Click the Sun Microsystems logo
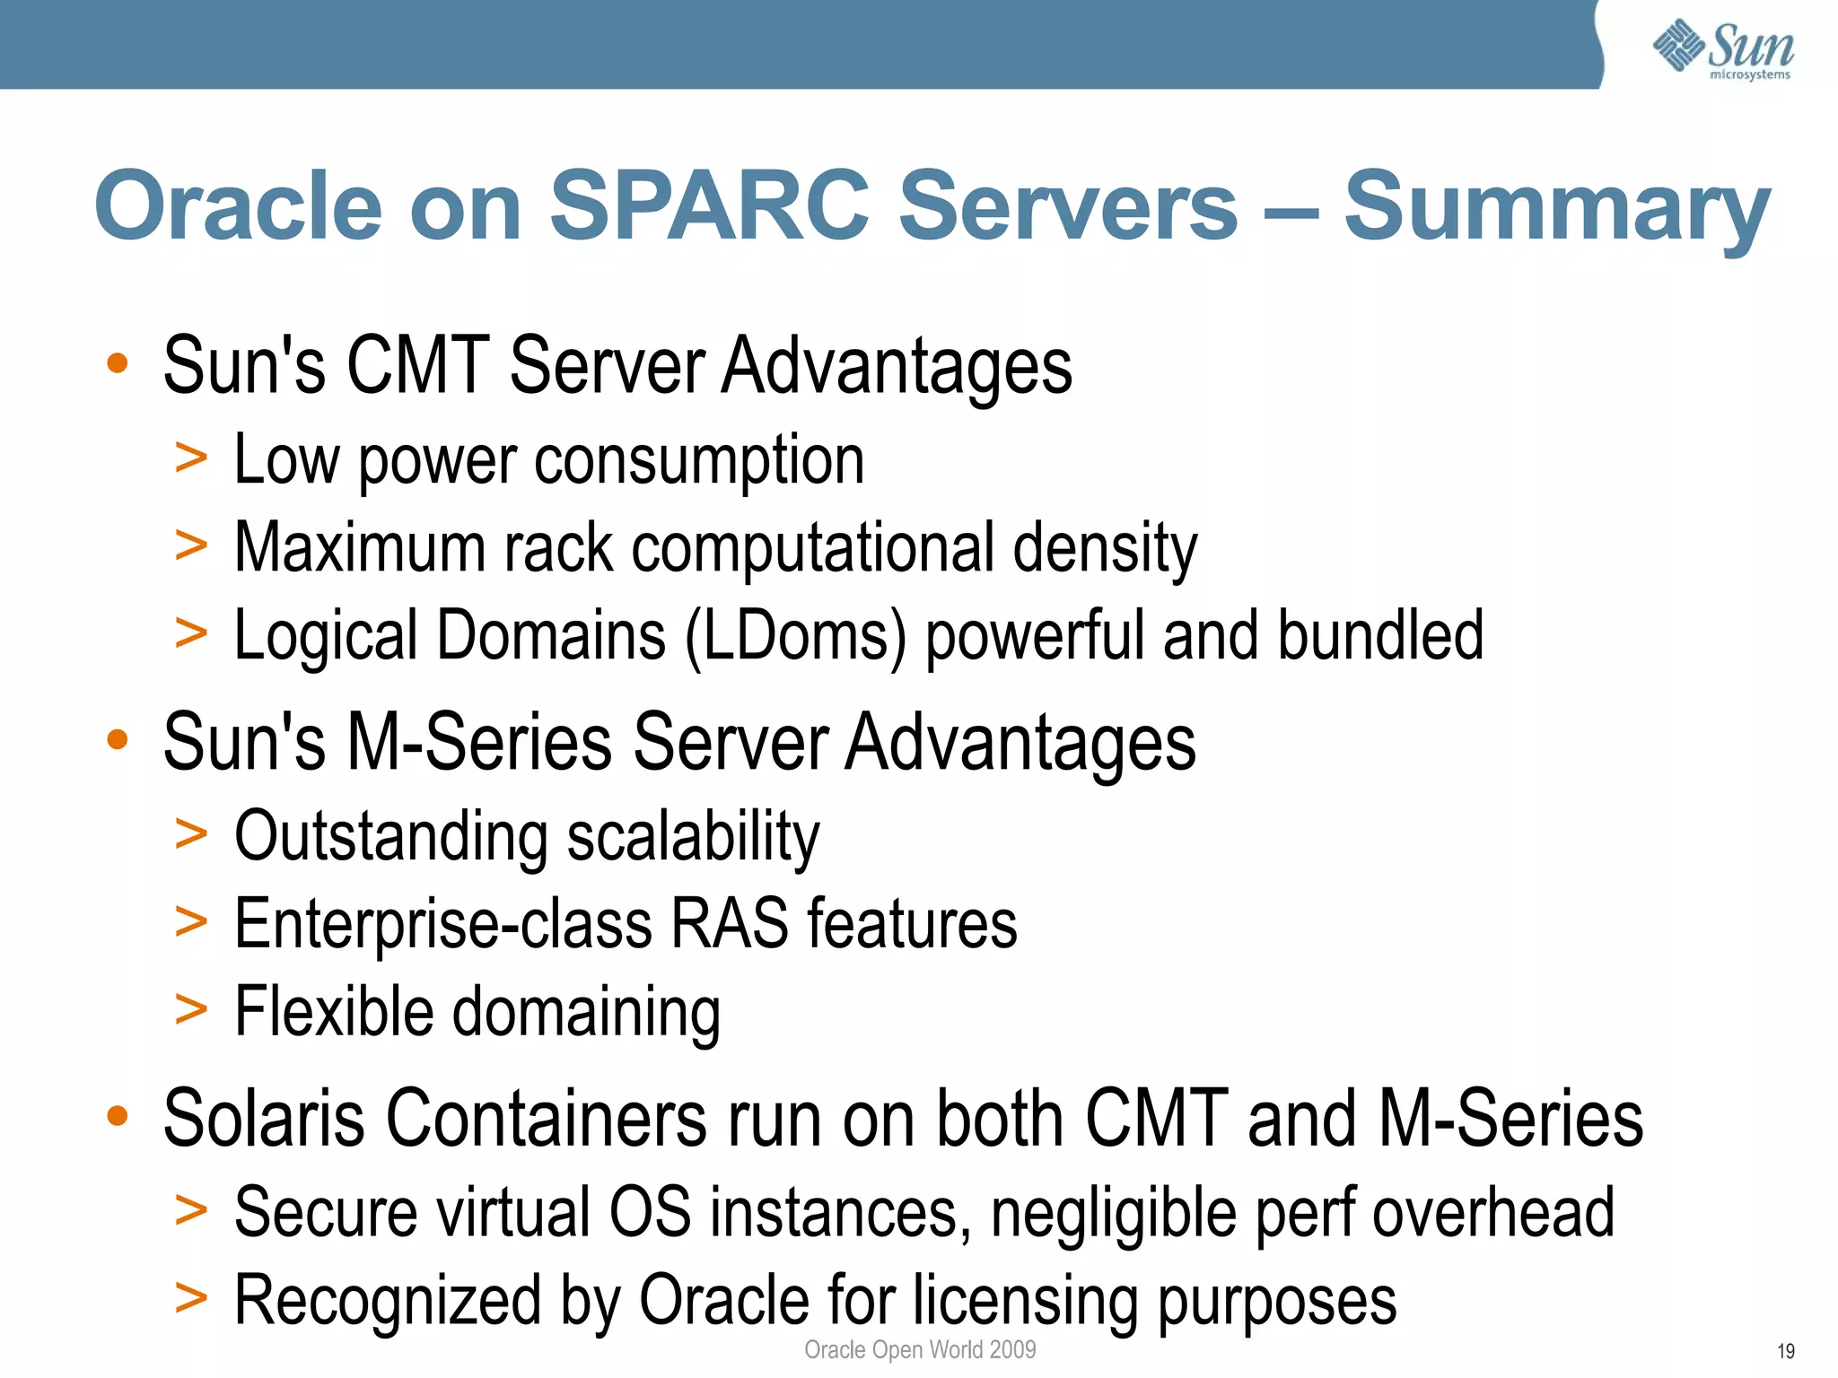tap(1723, 49)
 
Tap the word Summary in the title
tap(1557, 208)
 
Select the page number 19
tap(1785, 1351)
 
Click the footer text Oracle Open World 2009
tap(920, 1349)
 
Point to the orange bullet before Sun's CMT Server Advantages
tap(118, 363)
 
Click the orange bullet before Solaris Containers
tap(118, 1116)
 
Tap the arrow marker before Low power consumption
tap(191, 458)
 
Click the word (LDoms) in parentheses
tap(796, 635)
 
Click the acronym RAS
tap(729, 924)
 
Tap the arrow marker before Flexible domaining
tap(191, 1010)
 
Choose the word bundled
tap(1380, 635)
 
